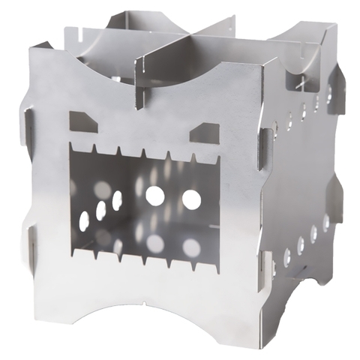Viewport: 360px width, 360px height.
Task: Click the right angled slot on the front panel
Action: [x=203, y=133]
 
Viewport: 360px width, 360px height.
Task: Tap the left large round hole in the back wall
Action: [x=154, y=196]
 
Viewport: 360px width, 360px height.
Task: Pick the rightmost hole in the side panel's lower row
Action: [x=325, y=223]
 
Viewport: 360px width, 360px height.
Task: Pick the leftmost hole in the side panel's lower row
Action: [x=286, y=257]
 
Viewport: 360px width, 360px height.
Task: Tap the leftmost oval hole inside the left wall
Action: [x=83, y=220]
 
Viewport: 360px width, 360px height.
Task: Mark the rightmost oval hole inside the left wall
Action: [x=117, y=200]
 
